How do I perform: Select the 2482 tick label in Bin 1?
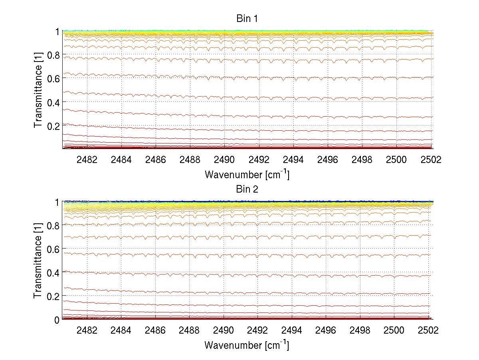coord(87,160)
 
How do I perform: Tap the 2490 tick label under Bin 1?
coord(224,160)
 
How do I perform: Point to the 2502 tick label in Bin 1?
coord(431,160)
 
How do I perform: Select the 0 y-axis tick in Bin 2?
coord(57,320)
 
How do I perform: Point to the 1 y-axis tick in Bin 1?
coord(57,32)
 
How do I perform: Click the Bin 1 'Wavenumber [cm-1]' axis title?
coord(247,174)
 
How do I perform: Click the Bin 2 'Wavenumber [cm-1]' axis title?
coord(247,344)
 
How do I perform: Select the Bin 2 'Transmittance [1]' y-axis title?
coord(38,261)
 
